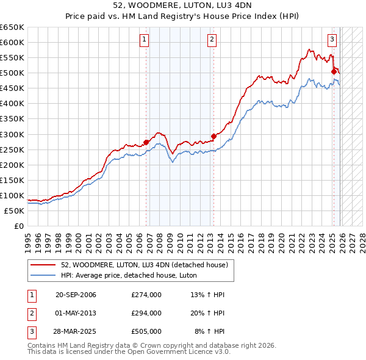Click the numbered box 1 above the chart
[145, 40]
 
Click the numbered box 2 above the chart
[212, 40]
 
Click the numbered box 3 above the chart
[332, 40]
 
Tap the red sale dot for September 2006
[146, 142]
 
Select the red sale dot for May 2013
[213, 136]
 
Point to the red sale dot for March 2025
[334, 71]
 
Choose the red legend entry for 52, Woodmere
[144, 265]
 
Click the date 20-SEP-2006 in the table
[76, 295]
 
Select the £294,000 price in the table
[146, 313]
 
